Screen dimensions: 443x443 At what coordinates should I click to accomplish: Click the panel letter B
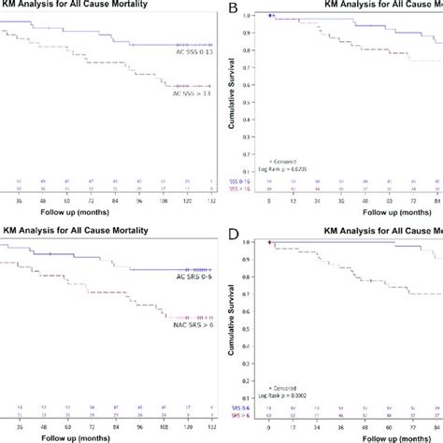[236, 10]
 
